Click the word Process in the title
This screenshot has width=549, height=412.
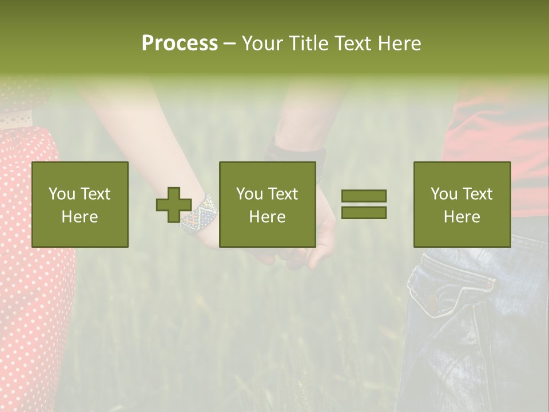coord(180,43)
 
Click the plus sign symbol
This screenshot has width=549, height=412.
coord(174,204)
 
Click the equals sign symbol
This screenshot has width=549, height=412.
coord(364,204)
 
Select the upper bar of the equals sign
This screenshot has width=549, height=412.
coord(364,196)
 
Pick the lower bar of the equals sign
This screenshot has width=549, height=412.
coord(364,212)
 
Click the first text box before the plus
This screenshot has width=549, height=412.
coord(80,204)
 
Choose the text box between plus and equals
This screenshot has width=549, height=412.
coord(268,204)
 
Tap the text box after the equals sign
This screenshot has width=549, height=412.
coord(462,204)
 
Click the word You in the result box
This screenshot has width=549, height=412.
coord(444,194)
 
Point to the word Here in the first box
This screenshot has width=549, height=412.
coord(80,217)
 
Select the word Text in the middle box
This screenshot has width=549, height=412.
coord(283,194)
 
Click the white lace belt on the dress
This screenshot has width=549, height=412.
coord(16,121)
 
